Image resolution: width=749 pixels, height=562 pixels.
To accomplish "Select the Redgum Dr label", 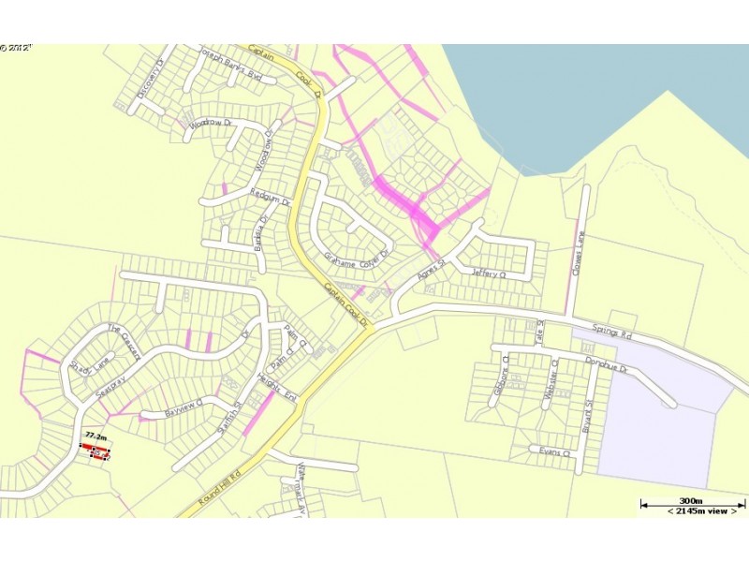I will point(271,201).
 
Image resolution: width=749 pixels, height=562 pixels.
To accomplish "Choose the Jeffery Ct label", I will point(488,274).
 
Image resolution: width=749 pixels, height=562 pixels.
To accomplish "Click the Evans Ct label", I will point(554,452).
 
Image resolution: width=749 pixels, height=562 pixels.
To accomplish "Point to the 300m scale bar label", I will point(692,501).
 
